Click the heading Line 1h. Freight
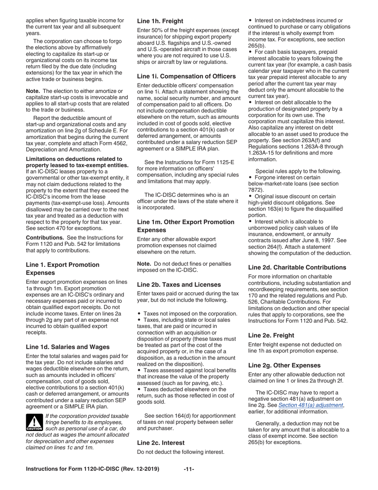(x=160, y=21)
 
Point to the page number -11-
(x=189, y=469)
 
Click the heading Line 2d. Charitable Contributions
(x=297, y=268)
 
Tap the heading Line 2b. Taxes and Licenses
(x=179, y=284)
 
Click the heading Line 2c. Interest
(x=161, y=442)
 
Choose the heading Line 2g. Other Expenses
(x=284, y=365)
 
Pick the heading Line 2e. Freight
(x=271, y=335)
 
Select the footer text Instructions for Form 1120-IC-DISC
(x=92, y=469)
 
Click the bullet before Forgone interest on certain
(x=251, y=177)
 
